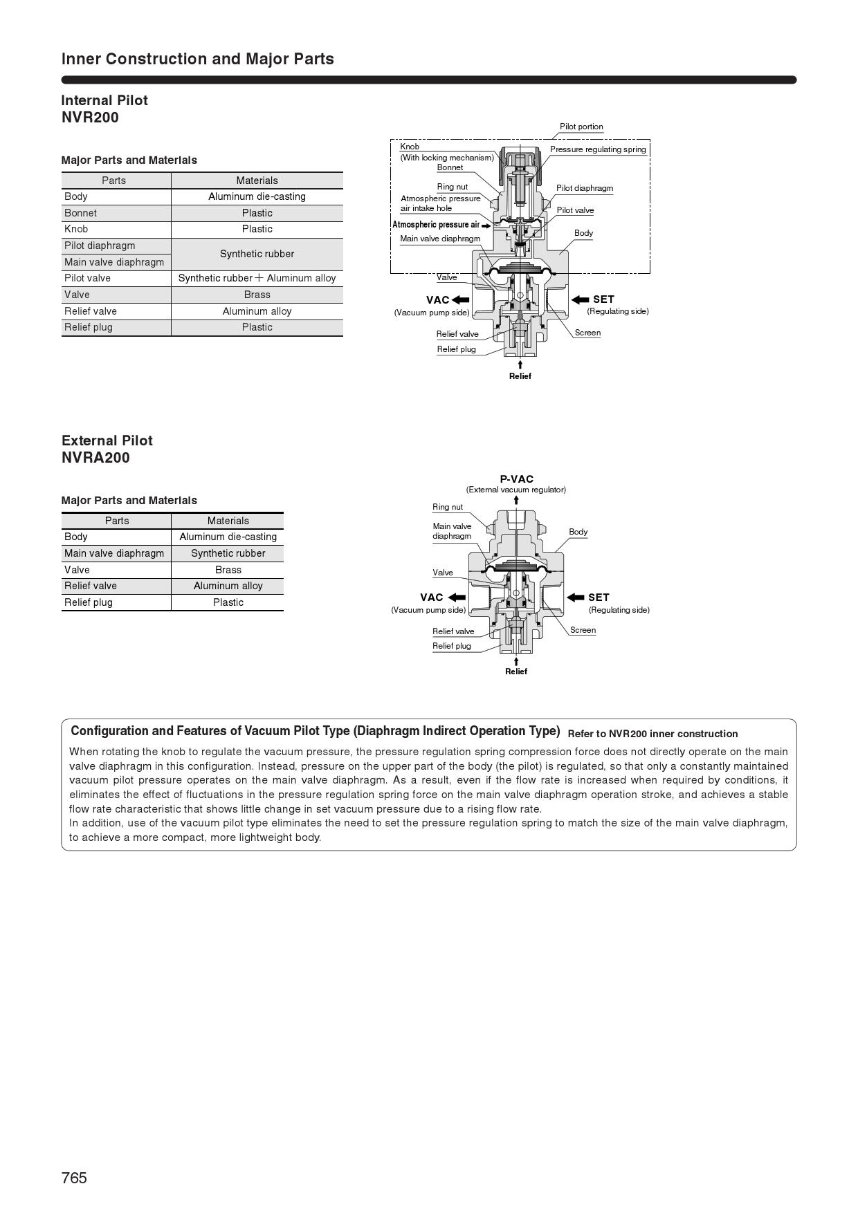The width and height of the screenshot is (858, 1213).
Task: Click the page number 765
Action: pos(74,1178)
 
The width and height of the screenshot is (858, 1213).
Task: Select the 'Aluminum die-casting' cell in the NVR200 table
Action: pos(257,196)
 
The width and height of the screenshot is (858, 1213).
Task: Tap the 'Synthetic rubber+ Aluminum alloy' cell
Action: pos(257,278)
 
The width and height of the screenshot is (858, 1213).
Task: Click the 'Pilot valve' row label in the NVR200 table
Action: pos(87,278)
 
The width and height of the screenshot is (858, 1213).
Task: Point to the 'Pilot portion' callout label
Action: pos(581,127)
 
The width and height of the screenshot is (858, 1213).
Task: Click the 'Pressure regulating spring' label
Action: pos(598,149)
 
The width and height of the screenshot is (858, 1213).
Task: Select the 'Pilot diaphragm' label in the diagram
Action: pos(585,188)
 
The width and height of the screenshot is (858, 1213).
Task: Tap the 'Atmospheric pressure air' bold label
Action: pos(436,225)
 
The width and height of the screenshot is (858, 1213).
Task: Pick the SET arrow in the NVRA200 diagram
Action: pos(576,598)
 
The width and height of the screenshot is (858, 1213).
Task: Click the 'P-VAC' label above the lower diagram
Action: pos(516,479)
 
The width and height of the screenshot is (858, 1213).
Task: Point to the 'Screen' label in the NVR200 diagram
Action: pos(587,333)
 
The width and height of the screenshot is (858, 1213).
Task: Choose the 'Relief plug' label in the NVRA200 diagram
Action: pos(451,646)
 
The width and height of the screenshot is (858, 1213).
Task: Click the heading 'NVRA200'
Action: pos(95,458)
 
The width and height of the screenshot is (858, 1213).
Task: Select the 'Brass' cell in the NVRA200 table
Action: pos(228,570)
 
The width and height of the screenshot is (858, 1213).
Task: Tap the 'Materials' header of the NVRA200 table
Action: pos(228,521)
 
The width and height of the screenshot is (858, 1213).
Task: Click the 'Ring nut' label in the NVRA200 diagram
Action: pos(448,507)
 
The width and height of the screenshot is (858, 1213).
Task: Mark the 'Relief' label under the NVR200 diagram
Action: pos(520,376)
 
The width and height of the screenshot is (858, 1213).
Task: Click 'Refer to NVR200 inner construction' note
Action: pos(652,734)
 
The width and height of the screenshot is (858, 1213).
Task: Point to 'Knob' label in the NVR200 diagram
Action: pos(410,147)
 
